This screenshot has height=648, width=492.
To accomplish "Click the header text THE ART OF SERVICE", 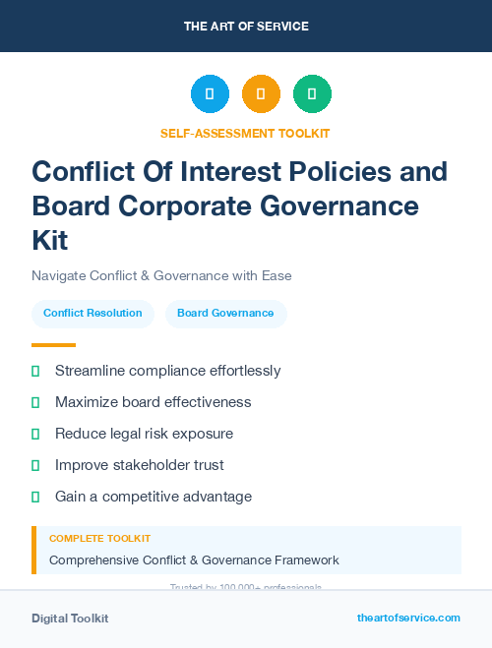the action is click(246, 27).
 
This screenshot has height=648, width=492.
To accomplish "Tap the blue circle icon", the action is click(210, 94).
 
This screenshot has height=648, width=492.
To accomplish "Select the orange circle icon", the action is click(261, 94).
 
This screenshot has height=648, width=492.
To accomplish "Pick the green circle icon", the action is click(312, 94).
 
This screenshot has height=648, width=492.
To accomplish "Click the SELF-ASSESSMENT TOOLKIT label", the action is click(245, 133).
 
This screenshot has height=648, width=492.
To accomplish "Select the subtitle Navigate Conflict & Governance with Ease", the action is click(161, 275).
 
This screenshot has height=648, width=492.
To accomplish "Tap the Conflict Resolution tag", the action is click(92, 314).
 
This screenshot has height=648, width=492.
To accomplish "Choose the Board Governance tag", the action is click(225, 314).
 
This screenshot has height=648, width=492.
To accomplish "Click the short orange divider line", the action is click(53, 345).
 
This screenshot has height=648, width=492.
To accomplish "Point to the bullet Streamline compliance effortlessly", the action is click(167, 371).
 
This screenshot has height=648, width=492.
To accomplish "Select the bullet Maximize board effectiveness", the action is click(153, 402).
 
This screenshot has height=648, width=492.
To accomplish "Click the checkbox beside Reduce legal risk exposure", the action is click(35, 434).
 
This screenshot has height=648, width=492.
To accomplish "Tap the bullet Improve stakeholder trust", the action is click(139, 465).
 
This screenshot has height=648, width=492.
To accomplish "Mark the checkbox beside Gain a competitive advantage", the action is click(35, 497).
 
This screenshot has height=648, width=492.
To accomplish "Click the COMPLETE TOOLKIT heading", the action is click(99, 539).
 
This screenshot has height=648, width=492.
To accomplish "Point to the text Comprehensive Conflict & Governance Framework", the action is click(194, 560).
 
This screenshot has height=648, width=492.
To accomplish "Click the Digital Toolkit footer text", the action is click(70, 619).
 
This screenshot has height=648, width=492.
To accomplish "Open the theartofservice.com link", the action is click(408, 618).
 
